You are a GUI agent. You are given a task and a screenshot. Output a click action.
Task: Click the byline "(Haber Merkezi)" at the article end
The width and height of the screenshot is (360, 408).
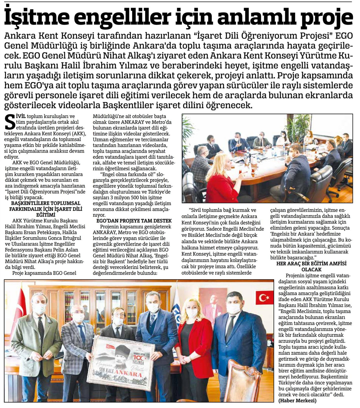point(297,401)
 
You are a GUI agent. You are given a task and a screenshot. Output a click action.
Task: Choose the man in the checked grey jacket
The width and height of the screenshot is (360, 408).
point(77,342)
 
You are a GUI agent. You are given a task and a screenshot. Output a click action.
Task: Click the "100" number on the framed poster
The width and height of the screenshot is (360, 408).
point(140,348)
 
